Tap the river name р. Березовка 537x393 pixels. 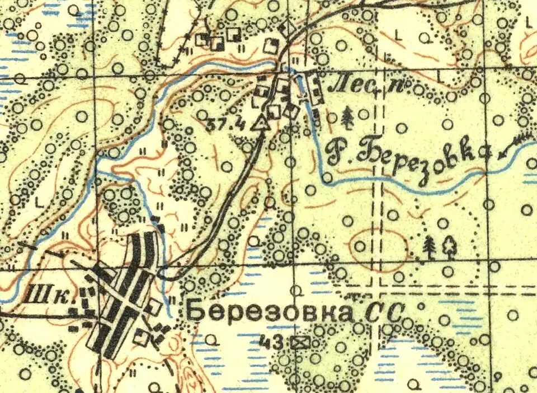(x=407, y=152)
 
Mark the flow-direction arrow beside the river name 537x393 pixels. (x=514, y=144)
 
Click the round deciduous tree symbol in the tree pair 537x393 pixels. (x=450, y=246)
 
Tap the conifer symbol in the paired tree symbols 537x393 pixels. (x=429, y=247)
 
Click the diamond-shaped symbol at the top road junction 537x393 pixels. (x=289, y=27)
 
